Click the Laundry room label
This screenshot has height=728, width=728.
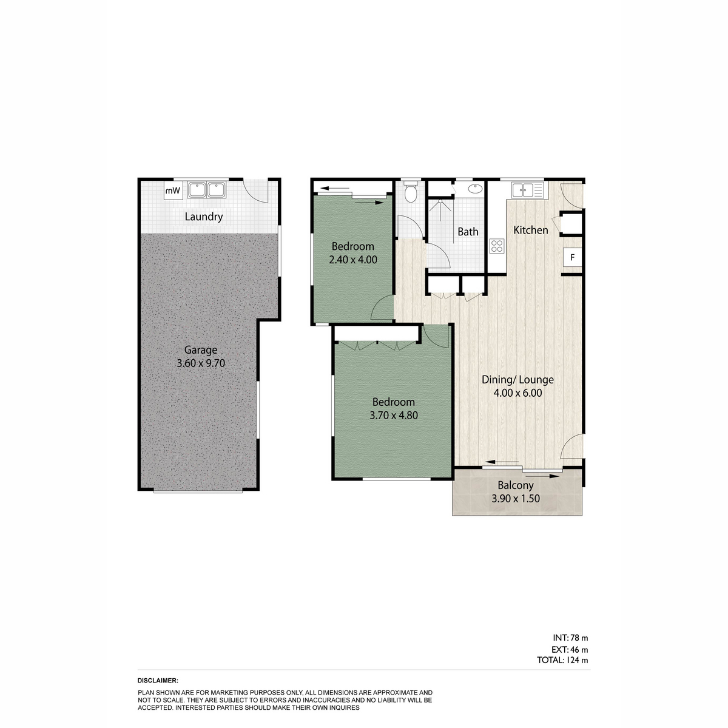(204, 217)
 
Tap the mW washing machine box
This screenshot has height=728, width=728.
(174, 190)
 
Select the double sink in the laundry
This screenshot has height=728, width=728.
(207, 190)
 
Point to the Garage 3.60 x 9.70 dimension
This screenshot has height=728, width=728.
(201, 363)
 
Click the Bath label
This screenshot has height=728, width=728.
(468, 232)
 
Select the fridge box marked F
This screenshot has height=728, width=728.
(572, 257)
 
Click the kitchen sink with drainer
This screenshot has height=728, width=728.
(527, 189)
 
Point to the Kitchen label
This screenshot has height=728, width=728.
(530, 230)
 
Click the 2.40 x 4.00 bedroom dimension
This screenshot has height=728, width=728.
(353, 260)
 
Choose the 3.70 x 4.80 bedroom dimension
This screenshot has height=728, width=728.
(394, 416)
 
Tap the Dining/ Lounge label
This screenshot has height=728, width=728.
(517, 380)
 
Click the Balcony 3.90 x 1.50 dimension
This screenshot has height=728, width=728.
(515, 499)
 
